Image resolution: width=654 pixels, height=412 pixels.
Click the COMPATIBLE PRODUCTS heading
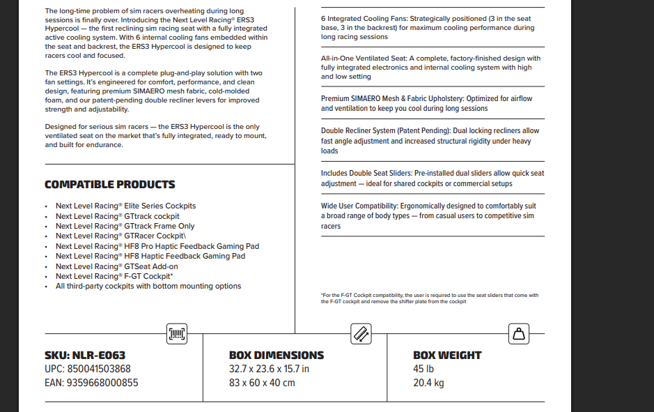pyautogui.click(x=109, y=185)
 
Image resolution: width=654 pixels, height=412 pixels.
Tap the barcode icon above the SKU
pyautogui.click(x=178, y=335)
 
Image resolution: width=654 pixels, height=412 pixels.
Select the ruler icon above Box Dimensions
pyautogui.click(x=360, y=334)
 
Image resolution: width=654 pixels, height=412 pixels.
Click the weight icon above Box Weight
pyautogui.click(x=518, y=335)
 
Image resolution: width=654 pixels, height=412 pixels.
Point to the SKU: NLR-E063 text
pyautogui.click(x=85, y=356)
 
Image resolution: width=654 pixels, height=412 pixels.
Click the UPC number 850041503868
pyautogui.click(x=87, y=369)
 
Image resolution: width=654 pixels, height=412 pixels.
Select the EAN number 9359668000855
pyautogui.click(x=91, y=383)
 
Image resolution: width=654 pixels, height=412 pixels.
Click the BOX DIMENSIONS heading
pyautogui.click(x=277, y=356)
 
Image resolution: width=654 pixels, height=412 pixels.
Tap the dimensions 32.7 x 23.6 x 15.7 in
pyautogui.click(x=269, y=369)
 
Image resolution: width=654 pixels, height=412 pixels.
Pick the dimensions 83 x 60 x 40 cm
pyautogui.click(x=262, y=383)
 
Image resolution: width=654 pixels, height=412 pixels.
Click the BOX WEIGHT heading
pyautogui.click(x=447, y=356)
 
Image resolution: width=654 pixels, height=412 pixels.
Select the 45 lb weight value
pyautogui.click(x=423, y=369)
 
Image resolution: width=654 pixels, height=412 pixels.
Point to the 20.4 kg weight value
pyautogui.click(x=428, y=383)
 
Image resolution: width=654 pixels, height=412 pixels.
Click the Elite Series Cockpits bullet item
pyautogui.click(x=125, y=206)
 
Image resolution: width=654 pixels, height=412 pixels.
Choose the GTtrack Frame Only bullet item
pyautogui.click(x=125, y=226)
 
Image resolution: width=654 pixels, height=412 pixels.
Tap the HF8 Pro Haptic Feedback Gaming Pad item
pyautogui.click(x=157, y=246)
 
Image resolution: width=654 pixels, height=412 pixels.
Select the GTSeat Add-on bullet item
pyautogui.click(x=116, y=266)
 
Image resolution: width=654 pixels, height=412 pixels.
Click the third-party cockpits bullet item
pyautogui.click(x=148, y=286)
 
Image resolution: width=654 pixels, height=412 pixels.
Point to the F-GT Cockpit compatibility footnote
pyautogui.click(x=429, y=298)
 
